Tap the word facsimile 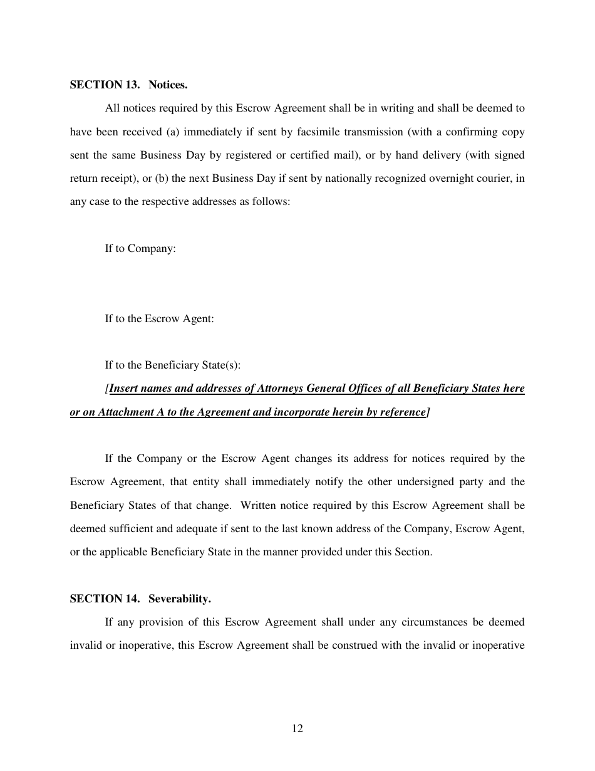click(331, 132)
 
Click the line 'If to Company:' click(140, 249)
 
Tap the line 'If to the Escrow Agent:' click(159, 318)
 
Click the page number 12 click(297, 728)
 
